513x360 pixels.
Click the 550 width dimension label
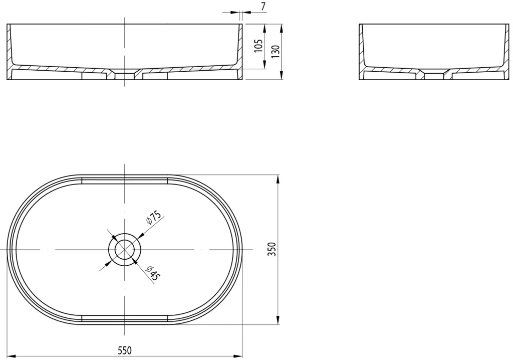pos(125,350)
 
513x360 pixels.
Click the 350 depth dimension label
pos(272,249)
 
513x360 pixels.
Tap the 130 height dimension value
pos(276,52)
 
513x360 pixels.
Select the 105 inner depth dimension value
pos(259,46)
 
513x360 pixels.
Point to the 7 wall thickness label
pos(264,6)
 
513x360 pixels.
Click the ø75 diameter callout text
pos(154,218)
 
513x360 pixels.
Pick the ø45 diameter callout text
pos(153,273)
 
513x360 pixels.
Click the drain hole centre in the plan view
pos(124,250)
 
